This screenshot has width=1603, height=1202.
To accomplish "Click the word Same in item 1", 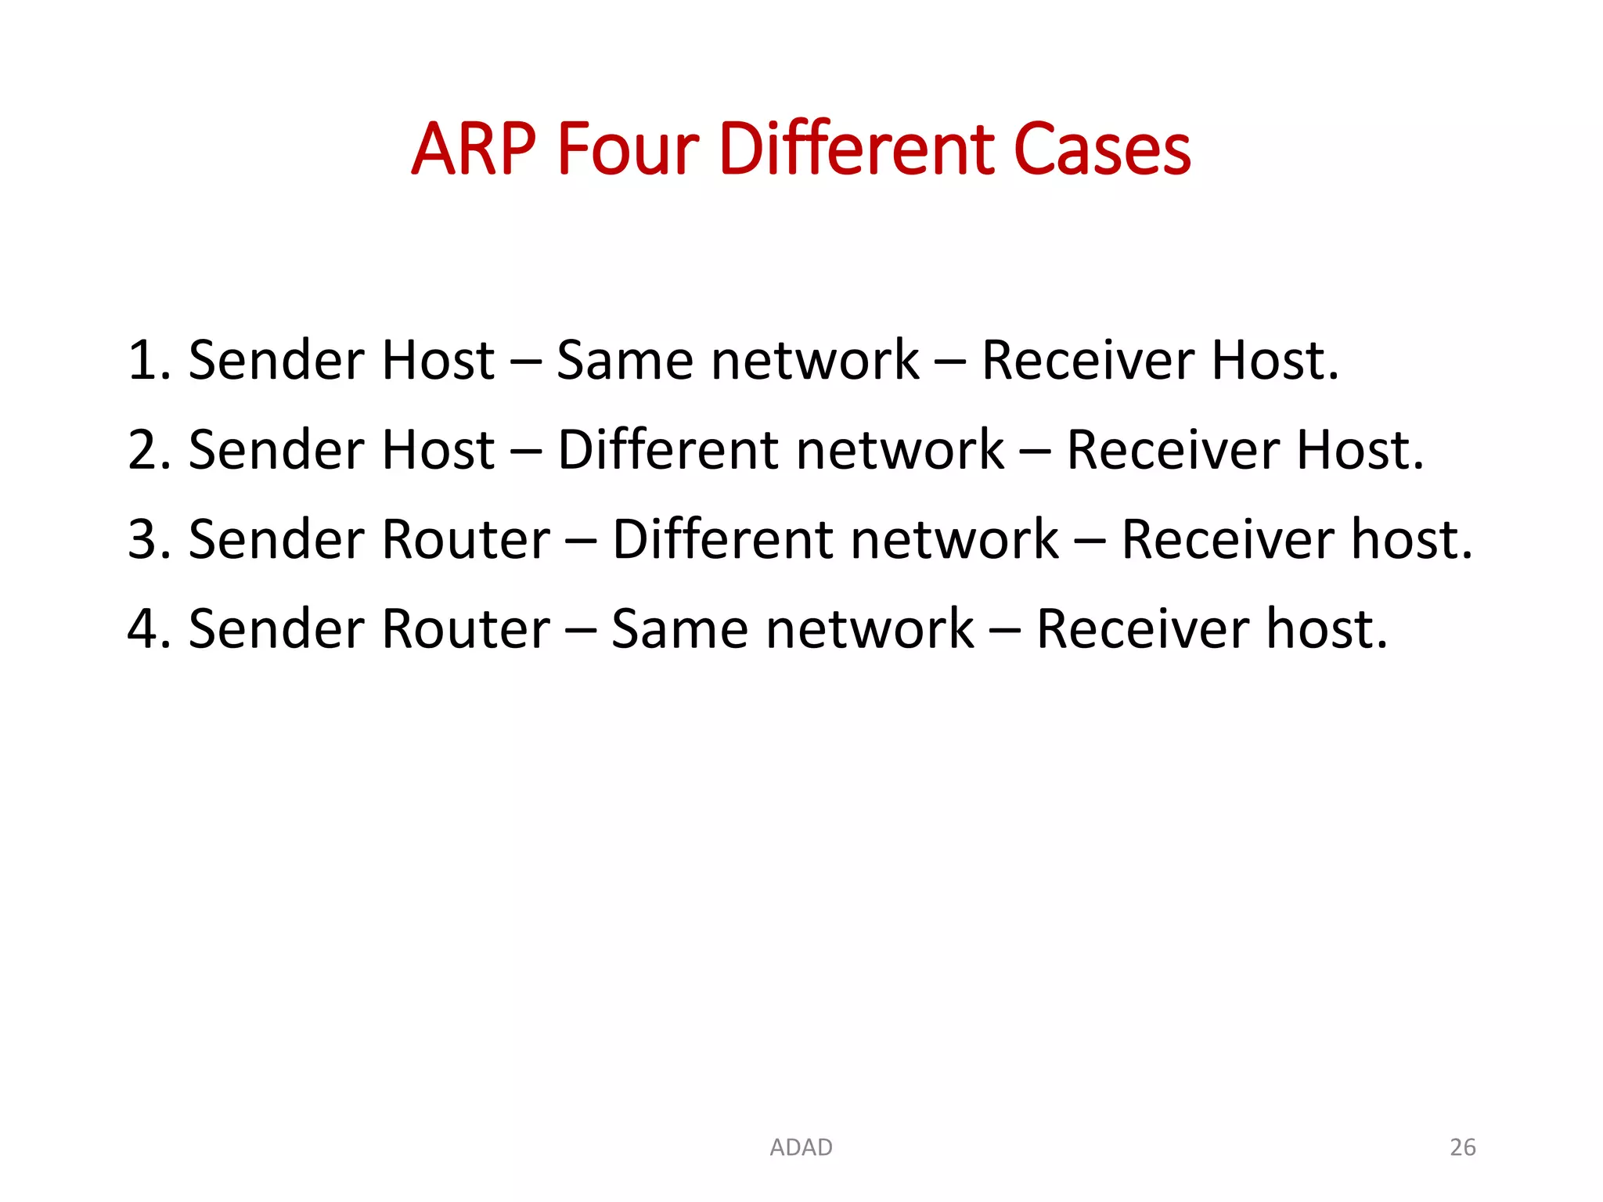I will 624,361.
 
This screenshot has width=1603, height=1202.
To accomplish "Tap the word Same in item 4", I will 678,629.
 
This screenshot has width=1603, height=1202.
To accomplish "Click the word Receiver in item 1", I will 1087,361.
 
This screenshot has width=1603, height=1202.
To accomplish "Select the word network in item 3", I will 954,540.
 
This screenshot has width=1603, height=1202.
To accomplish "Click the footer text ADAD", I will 801,1147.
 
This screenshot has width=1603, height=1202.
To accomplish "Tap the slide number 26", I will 1462,1147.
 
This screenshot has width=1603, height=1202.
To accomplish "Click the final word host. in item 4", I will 1327,629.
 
